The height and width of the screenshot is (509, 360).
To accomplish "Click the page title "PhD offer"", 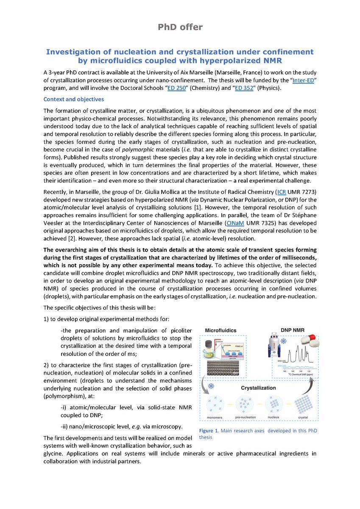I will [180, 27].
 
